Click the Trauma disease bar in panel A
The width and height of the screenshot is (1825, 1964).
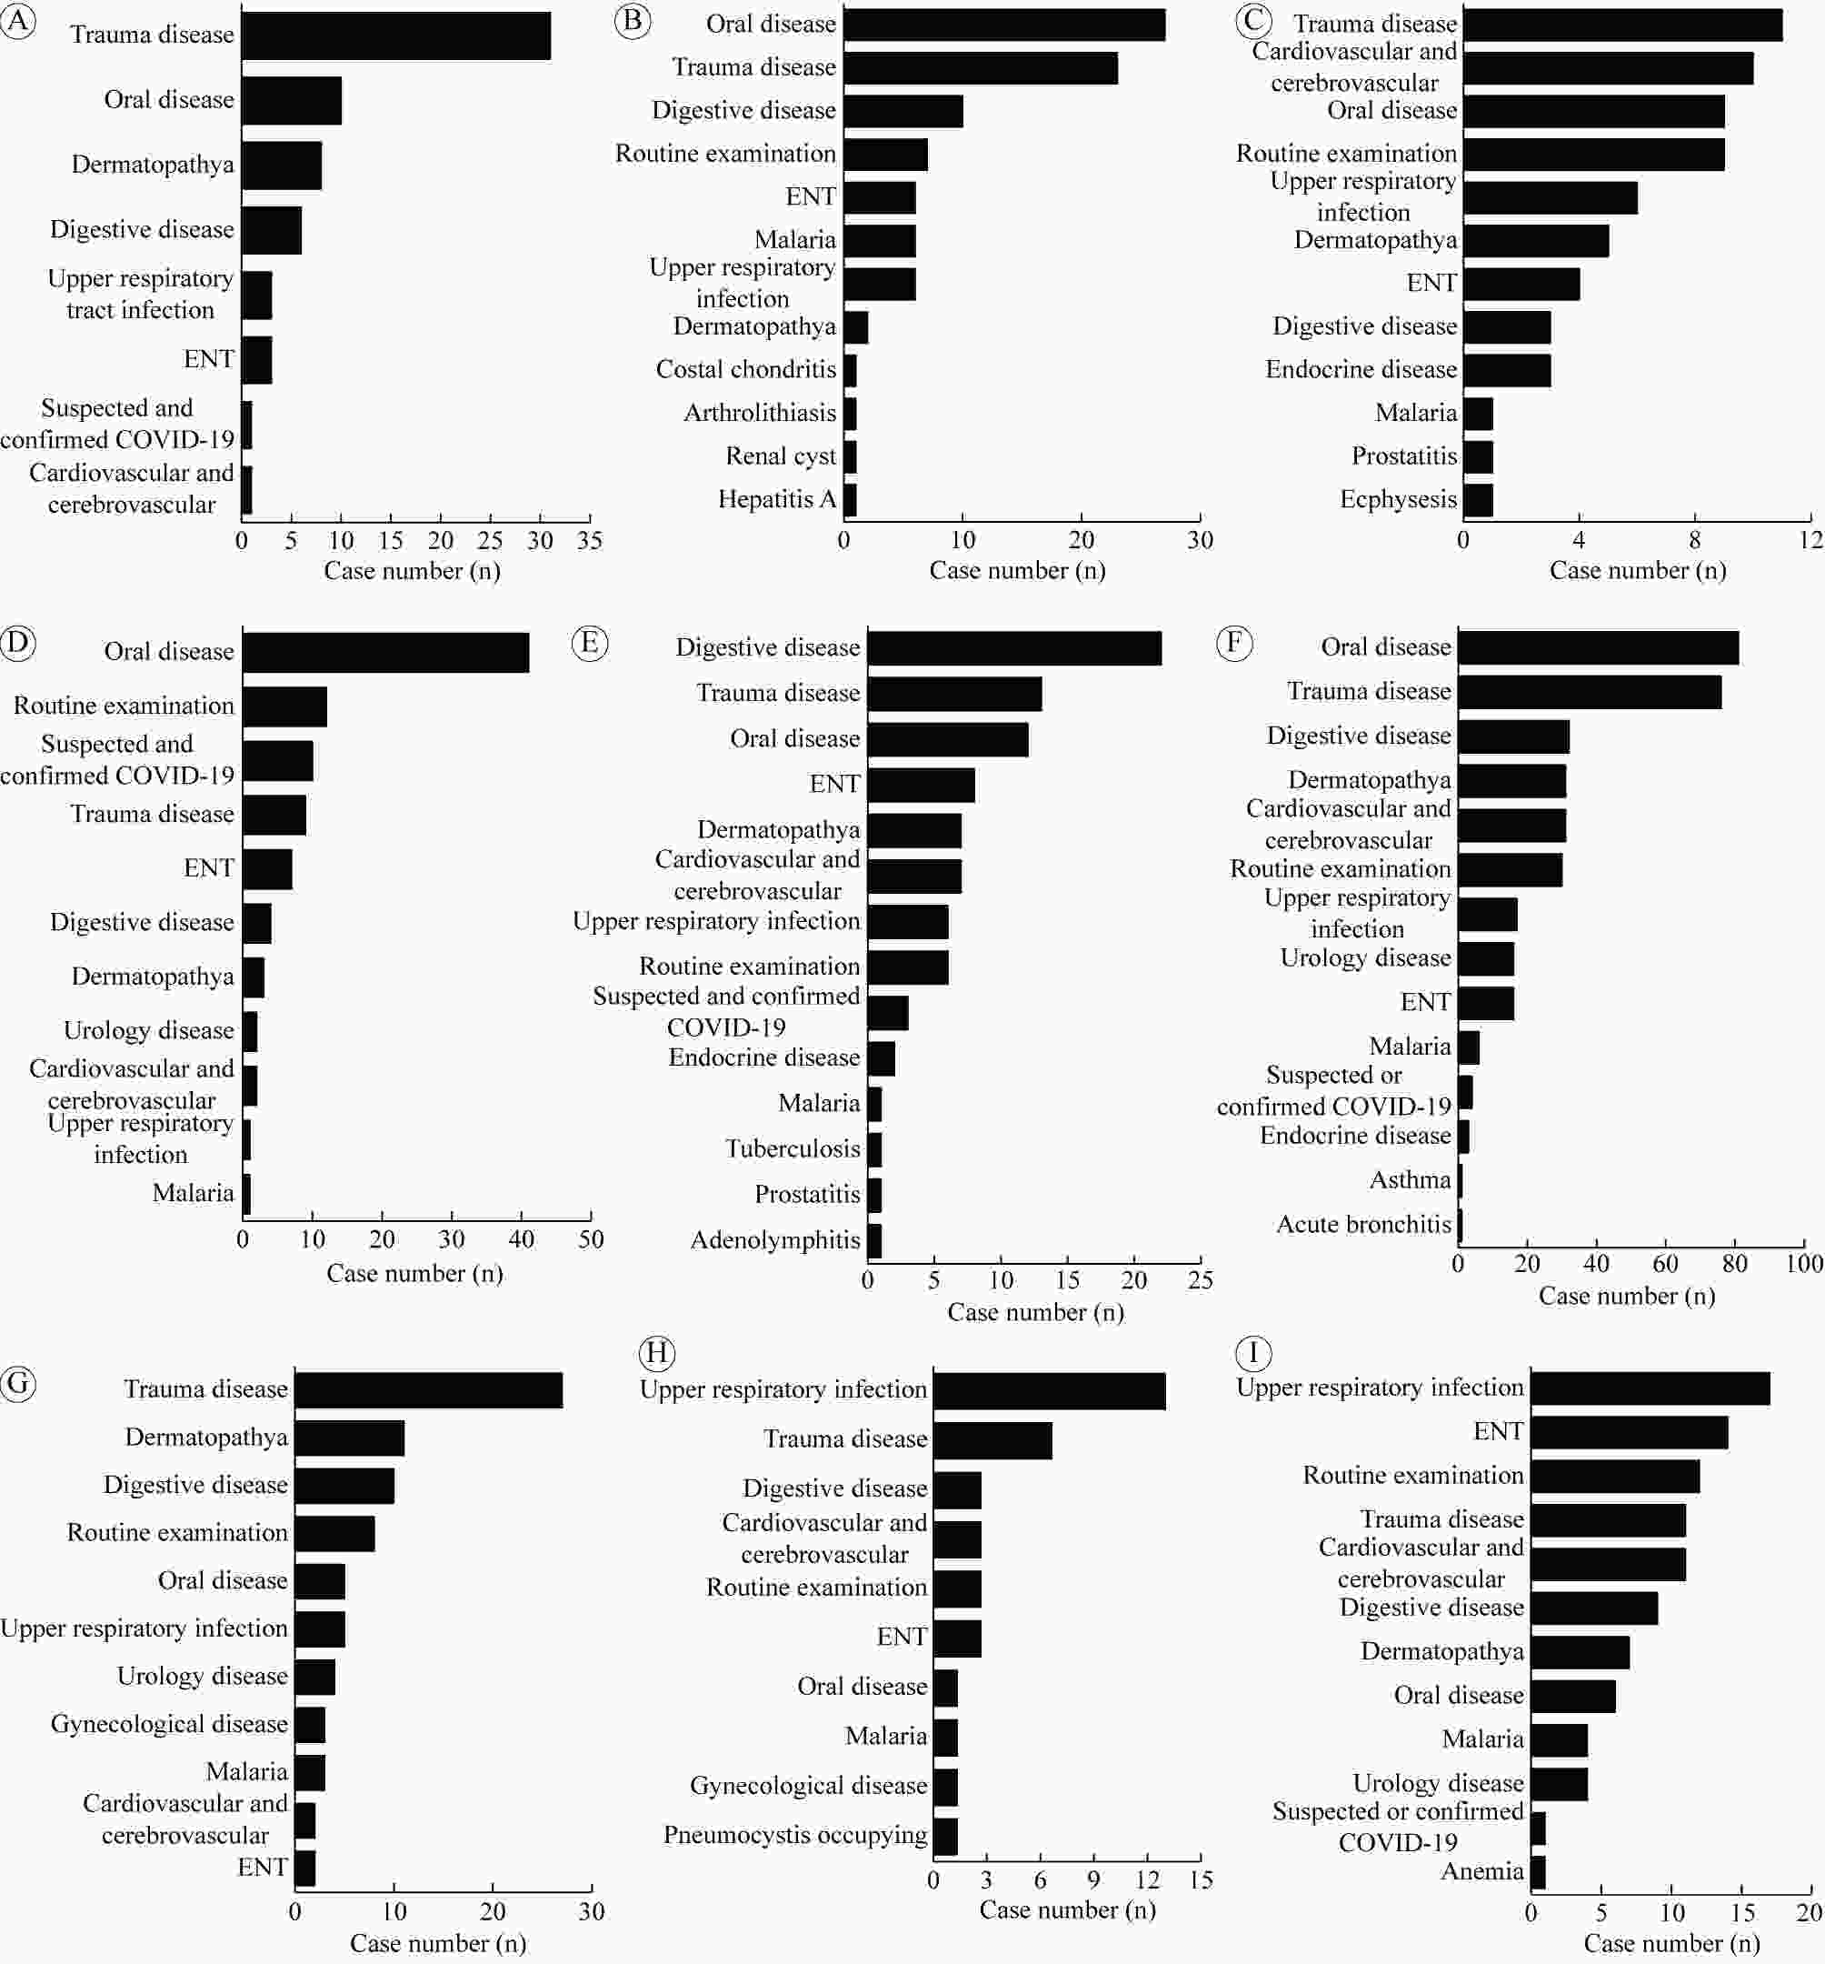coord(396,36)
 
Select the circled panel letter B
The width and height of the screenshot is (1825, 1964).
coord(633,21)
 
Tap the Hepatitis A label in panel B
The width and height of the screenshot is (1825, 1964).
coord(777,499)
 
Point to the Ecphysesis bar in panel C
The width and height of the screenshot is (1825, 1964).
coord(1478,500)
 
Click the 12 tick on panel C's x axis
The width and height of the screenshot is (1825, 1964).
coord(1810,539)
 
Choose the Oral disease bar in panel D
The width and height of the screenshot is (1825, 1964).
coord(386,653)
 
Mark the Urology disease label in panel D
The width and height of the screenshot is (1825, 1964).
coord(149,1030)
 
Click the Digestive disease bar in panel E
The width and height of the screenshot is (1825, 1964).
coord(1014,649)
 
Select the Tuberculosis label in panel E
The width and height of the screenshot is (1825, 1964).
coord(793,1148)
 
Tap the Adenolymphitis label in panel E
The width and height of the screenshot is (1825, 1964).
coord(775,1240)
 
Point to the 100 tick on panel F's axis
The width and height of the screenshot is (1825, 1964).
coord(1804,1264)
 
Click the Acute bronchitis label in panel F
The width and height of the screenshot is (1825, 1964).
coord(1364,1224)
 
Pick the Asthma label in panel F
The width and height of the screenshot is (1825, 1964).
coord(1411,1179)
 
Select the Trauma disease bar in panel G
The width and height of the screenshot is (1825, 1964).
coord(429,1390)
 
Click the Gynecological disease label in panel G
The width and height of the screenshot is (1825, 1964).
coord(169,1724)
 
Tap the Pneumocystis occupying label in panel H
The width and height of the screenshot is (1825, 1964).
coord(795,1836)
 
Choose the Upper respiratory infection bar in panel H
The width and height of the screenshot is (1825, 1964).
coord(1050,1391)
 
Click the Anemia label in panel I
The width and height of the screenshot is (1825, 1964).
coord(1482,1871)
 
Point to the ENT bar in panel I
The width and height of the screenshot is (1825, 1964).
coord(1630,1432)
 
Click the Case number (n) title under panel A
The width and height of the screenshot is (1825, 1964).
coord(412,571)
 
